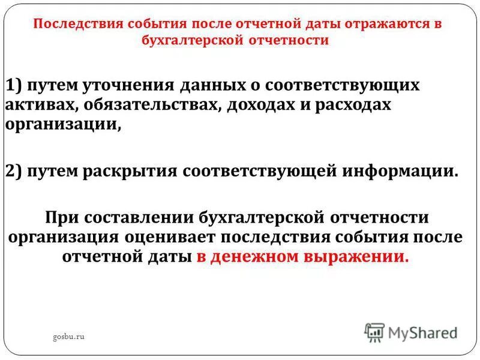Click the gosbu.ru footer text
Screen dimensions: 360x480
click(x=68, y=337)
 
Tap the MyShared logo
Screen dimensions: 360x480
click(x=411, y=332)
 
